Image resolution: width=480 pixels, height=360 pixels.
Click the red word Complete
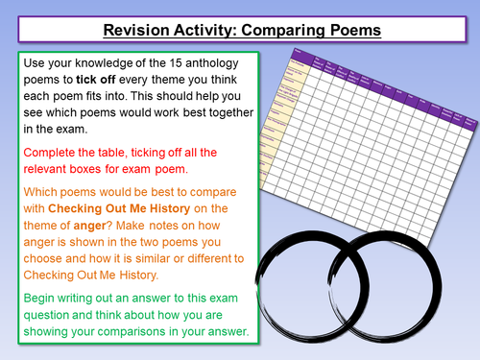pos(53,153)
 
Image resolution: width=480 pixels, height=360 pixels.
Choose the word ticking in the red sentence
pos(160,153)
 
